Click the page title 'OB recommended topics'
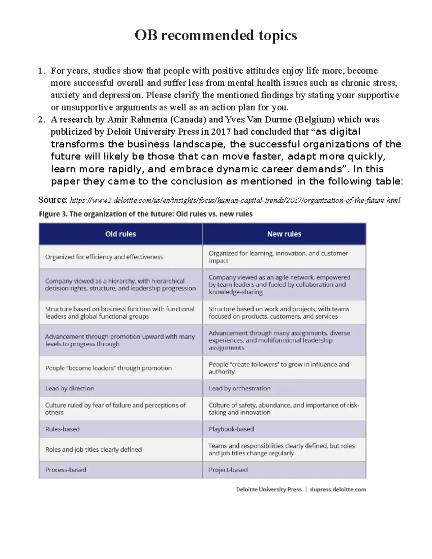216,35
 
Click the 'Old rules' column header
121,234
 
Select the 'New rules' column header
284,234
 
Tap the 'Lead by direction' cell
69,388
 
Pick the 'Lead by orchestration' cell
239,388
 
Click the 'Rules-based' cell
62,429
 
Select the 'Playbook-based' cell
231,429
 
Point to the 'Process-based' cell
66,470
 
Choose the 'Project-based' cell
228,470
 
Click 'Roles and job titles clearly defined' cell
93,450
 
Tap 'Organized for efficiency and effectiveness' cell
104,257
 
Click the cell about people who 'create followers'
279,368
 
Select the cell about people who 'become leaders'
108,368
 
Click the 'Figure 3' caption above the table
145,214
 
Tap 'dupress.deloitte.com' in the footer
338,490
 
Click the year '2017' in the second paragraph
221,132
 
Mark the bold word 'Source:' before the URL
53,200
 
